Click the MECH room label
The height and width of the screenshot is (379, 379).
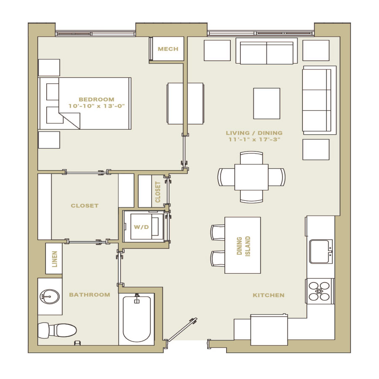coord(168,49)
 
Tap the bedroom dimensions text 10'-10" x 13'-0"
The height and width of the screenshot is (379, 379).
coord(96,106)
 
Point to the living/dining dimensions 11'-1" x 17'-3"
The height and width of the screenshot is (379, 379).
coord(254,139)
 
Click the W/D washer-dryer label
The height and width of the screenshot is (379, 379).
coord(141,227)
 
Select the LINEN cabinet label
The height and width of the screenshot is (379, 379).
coord(55,259)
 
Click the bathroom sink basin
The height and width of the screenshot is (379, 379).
coord(50,296)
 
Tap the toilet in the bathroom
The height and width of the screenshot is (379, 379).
coord(57,331)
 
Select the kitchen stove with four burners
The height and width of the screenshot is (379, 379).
coord(320,291)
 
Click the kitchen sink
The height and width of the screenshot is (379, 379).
coord(321,251)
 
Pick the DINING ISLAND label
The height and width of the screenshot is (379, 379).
coord(244,246)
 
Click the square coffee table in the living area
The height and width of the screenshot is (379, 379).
coord(267,104)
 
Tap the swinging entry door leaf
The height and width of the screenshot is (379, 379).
coord(182,330)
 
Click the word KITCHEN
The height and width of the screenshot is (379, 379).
coord(269,295)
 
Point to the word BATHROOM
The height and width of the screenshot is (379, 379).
coord(90,295)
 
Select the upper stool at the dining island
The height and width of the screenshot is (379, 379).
coord(218,232)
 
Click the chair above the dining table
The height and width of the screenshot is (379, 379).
coord(251,158)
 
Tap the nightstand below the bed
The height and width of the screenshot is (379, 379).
coord(49,140)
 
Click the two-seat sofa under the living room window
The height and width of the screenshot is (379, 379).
coord(267,51)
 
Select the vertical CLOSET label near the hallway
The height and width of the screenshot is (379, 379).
coord(157,192)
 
